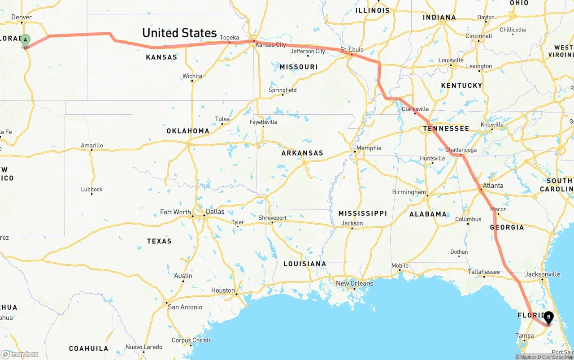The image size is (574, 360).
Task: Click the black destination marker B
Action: click(x=548, y=317)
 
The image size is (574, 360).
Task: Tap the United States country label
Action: click(x=179, y=33)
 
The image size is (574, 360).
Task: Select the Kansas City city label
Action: click(x=270, y=45)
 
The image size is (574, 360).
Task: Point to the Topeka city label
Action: click(x=230, y=38)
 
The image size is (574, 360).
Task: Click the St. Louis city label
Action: click(x=352, y=49)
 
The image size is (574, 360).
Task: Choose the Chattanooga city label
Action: click(x=461, y=150)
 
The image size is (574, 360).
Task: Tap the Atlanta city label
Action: click(x=493, y=186)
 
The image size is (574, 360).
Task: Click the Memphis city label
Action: click(x=369, y=148)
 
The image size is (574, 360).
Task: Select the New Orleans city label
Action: click(x=354, y=283)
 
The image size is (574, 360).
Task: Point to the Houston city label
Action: click(x=223, y=290)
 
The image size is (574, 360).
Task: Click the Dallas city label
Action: click(x=215, y=212)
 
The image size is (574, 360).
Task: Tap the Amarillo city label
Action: click(x=92, y=145)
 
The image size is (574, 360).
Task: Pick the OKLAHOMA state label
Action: click(x=188, y=131)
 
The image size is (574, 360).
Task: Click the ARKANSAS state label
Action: click(x=302, y=153)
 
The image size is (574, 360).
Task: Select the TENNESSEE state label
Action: click(x=446, y=129)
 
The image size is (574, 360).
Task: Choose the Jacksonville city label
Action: click(x=542, y=274)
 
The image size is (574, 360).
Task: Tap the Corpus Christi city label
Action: click(x=191, y=340)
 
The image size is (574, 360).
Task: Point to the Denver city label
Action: click(x=22, y=17)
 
